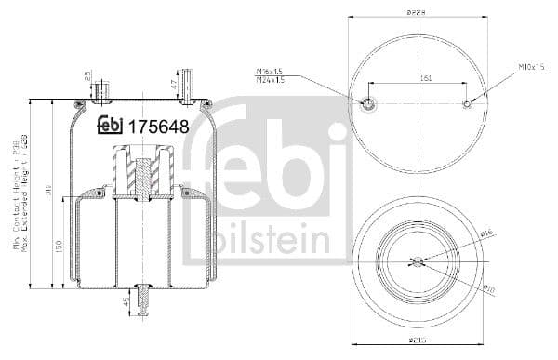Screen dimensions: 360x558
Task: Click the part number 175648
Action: click(x=159, y=126)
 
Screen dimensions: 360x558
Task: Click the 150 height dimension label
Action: click(x=59, y=248)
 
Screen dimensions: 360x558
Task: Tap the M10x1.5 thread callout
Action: click(x=530, y=67)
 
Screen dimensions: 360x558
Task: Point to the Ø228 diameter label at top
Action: click(x=417, y=12)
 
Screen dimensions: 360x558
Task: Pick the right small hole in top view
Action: click(x=468, y=104)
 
